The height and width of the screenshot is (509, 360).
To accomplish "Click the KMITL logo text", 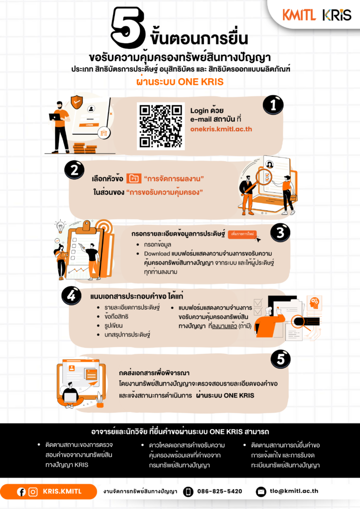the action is pyautogui.click(x=299, y=15).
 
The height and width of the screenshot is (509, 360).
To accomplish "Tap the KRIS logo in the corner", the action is pyautogui.click(x=337, y=15).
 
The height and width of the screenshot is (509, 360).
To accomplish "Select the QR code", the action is pyautogui.click(x=161, y=126).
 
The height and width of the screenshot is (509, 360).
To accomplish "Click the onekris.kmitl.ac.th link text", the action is pyautogui.click(x=221, y=129).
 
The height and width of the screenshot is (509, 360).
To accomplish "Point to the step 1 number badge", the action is pyautogui.click(x=273, y=105).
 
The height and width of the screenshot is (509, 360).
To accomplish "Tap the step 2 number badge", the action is pyautogui.click(x=75, y=170).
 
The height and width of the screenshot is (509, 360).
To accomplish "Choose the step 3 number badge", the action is pyautogui.click(x=280, y=233).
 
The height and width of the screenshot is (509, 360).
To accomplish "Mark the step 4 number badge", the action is pyautogui.click(x=72, y=295).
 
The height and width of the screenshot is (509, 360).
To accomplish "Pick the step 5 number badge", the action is pyautogui.click(x=280, y=359).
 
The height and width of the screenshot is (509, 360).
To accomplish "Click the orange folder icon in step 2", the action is pyautogui.click(x=134, y=178).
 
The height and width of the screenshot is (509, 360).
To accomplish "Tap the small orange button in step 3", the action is pyautogui.click(x=242, y=234).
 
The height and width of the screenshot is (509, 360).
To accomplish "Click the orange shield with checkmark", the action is pyautogui.click(x=77, y=102).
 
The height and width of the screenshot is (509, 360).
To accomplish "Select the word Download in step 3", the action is pyautogui.click(x=157, y=254).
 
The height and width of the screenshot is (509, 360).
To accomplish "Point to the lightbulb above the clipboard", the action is pyautogui.click(x=60, y=227).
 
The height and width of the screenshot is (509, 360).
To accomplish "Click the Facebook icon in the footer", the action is pyautogui.click(x=21, y=492).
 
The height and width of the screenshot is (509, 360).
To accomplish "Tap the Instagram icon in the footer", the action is pyautogui.click(x=33, y=492).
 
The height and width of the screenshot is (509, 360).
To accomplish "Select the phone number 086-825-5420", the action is pyautogui.click(x=220, y=491).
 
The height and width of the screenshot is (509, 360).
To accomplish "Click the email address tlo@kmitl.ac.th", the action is pyautogui.click(x=294, y=491).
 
